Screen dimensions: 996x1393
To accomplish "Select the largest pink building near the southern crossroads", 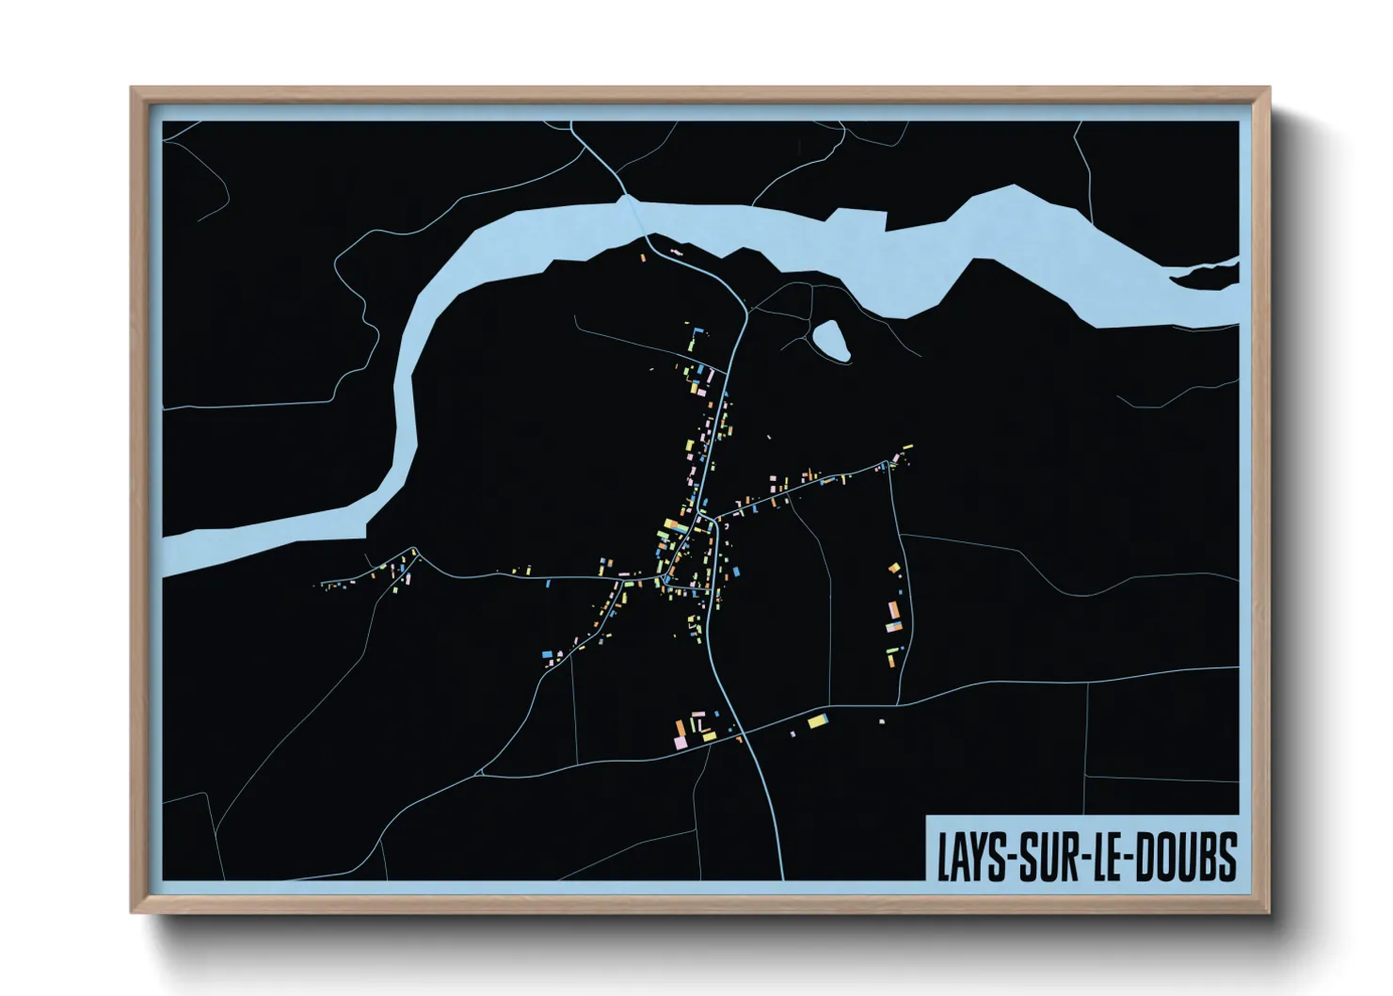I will [680, 744].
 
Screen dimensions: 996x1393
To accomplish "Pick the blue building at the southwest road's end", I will [547, 652].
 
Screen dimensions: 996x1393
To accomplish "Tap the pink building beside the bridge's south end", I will [675, 252].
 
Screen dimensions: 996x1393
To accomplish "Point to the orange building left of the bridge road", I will [645, 255].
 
